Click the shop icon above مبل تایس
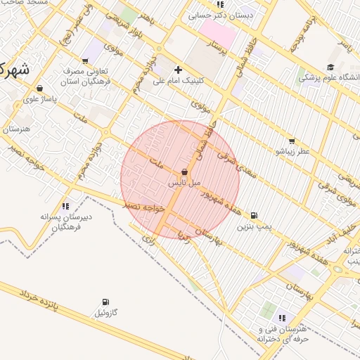tap(184, 172)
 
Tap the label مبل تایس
tap(184, 183)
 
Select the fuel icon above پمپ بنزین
tap(254, 216)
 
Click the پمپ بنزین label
tap(253, 227)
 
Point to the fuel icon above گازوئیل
tap(105, 302)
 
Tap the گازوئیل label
tap(105, 312)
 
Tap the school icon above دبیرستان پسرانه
tap(65, 206)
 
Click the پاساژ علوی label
tap(39, 100)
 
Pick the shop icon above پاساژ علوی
tap(39, 89)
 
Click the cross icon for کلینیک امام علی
tap(178, 70)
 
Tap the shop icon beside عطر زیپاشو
tap(291, 141)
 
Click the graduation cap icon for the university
tap(330, 67)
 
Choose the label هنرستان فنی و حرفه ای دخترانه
tap(283, 334)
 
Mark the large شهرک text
tap(12, 70)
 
